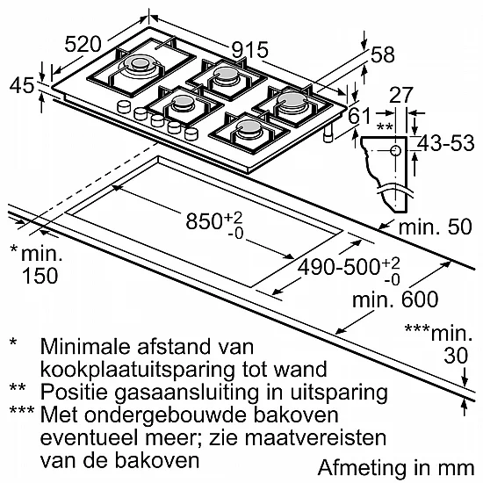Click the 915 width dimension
249,50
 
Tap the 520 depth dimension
83,44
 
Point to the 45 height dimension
22,85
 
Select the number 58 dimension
382,54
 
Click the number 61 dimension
359,117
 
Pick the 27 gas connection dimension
401,95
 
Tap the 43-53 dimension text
446,143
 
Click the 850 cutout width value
204,220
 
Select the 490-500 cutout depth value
338,267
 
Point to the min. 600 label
395,299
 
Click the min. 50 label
436,227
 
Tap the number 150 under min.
40,276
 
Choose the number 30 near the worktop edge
456,356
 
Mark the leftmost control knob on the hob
124,107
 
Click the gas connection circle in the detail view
395,151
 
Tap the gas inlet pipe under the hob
329,133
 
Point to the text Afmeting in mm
396,468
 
